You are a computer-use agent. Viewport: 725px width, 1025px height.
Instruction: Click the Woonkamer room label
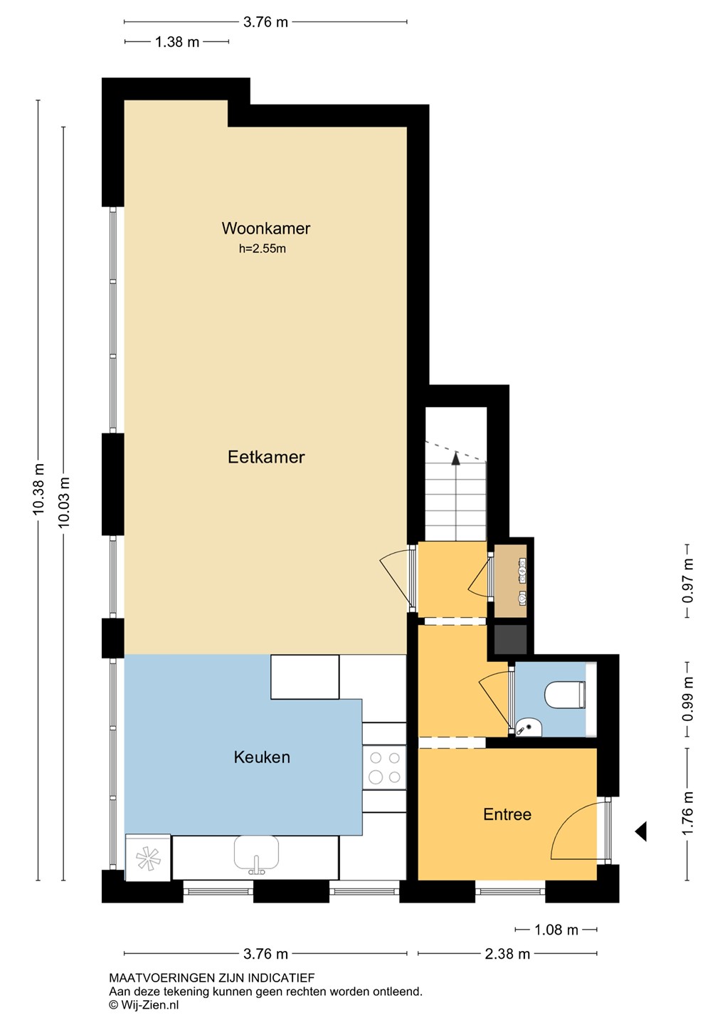[266, 228]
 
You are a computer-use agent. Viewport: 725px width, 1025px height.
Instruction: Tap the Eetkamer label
[266, 457]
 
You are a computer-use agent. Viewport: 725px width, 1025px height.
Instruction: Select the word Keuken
[262, 757]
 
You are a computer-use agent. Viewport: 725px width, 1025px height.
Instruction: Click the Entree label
[507, 814]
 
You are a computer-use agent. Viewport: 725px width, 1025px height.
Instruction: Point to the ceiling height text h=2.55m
[263, 249]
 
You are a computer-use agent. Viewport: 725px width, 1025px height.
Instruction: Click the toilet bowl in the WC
[565, 695]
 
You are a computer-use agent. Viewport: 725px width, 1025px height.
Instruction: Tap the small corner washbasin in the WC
[529, 727]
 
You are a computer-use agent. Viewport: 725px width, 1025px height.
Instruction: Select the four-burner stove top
[384, 767]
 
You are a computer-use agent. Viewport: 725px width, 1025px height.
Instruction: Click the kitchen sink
[256, 853]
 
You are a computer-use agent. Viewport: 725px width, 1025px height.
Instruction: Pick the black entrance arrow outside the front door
[641, 831]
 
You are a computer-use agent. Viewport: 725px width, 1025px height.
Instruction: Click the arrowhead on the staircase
[455, 458]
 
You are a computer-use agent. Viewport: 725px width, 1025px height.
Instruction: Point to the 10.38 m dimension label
[38, 489]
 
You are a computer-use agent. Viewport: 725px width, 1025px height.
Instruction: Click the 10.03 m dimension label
[63, 502]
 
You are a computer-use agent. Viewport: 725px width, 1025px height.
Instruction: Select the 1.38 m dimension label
[177, 42]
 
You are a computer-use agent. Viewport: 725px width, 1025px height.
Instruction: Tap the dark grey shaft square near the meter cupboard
[510, 638]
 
